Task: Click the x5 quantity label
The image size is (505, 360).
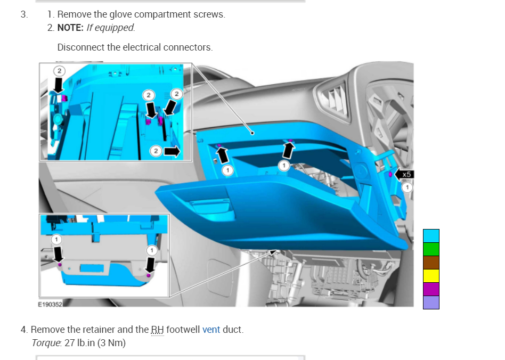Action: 407,174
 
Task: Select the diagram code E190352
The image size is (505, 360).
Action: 50,304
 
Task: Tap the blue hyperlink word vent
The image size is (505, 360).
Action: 211,330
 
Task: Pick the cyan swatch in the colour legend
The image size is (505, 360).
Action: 431,236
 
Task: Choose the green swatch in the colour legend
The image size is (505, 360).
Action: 431,249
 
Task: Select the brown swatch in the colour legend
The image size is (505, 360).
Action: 431,263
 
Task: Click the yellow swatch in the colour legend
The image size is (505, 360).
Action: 431,276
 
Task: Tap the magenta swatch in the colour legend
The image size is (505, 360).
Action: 431,289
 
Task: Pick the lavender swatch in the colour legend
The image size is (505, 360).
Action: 431,302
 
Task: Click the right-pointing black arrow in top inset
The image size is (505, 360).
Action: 172,151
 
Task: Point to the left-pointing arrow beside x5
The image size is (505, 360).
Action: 398,174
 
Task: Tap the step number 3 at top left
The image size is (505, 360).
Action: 24,14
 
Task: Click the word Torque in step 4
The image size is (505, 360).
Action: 46,343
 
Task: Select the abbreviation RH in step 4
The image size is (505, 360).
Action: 158,330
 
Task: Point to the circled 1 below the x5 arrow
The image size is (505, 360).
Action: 407,187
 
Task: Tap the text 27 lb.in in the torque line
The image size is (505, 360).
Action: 75,343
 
